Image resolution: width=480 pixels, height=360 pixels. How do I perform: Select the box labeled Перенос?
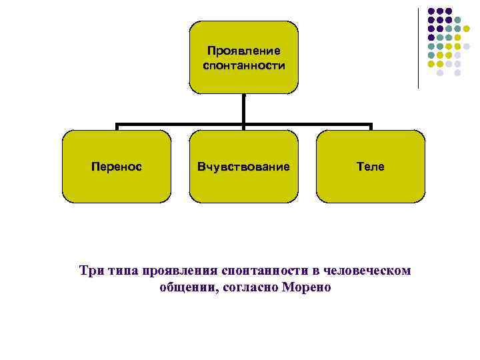pyautogui.click(x=116, y=167)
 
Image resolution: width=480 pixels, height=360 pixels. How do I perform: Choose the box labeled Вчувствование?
pyautogui.click(x=243, y=167)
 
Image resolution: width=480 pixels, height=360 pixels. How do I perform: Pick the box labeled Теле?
pyautogui.click(x=371, y=167)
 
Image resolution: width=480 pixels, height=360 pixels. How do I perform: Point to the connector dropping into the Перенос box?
pyautogui.click(x=117, y=127)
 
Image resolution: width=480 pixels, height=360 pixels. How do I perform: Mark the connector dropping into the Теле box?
pyautogui.click(x=371, y=127)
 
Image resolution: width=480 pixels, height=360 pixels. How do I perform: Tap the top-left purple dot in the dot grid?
pyautogui.click(x=431, y=11)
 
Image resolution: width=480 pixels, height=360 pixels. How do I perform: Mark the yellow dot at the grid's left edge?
pyautogui.click(x=431, y=64)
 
